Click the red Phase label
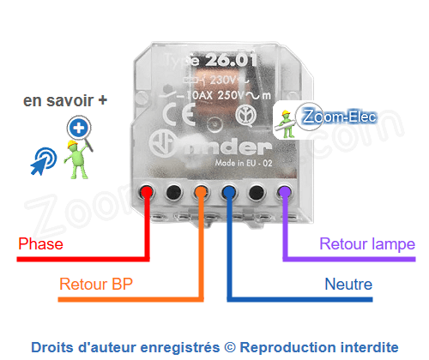[x=40, y=244]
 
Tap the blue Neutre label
[x=349, y=285]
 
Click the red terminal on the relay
[x=148, y=193]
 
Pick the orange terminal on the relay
[x=202, y=193]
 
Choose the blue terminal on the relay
[x=229, y=193]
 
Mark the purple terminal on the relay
[x=283, y=193]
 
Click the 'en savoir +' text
[x=64, y=100]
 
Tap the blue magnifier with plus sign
[x=79, y=129]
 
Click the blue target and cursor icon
[x=43, y=159]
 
